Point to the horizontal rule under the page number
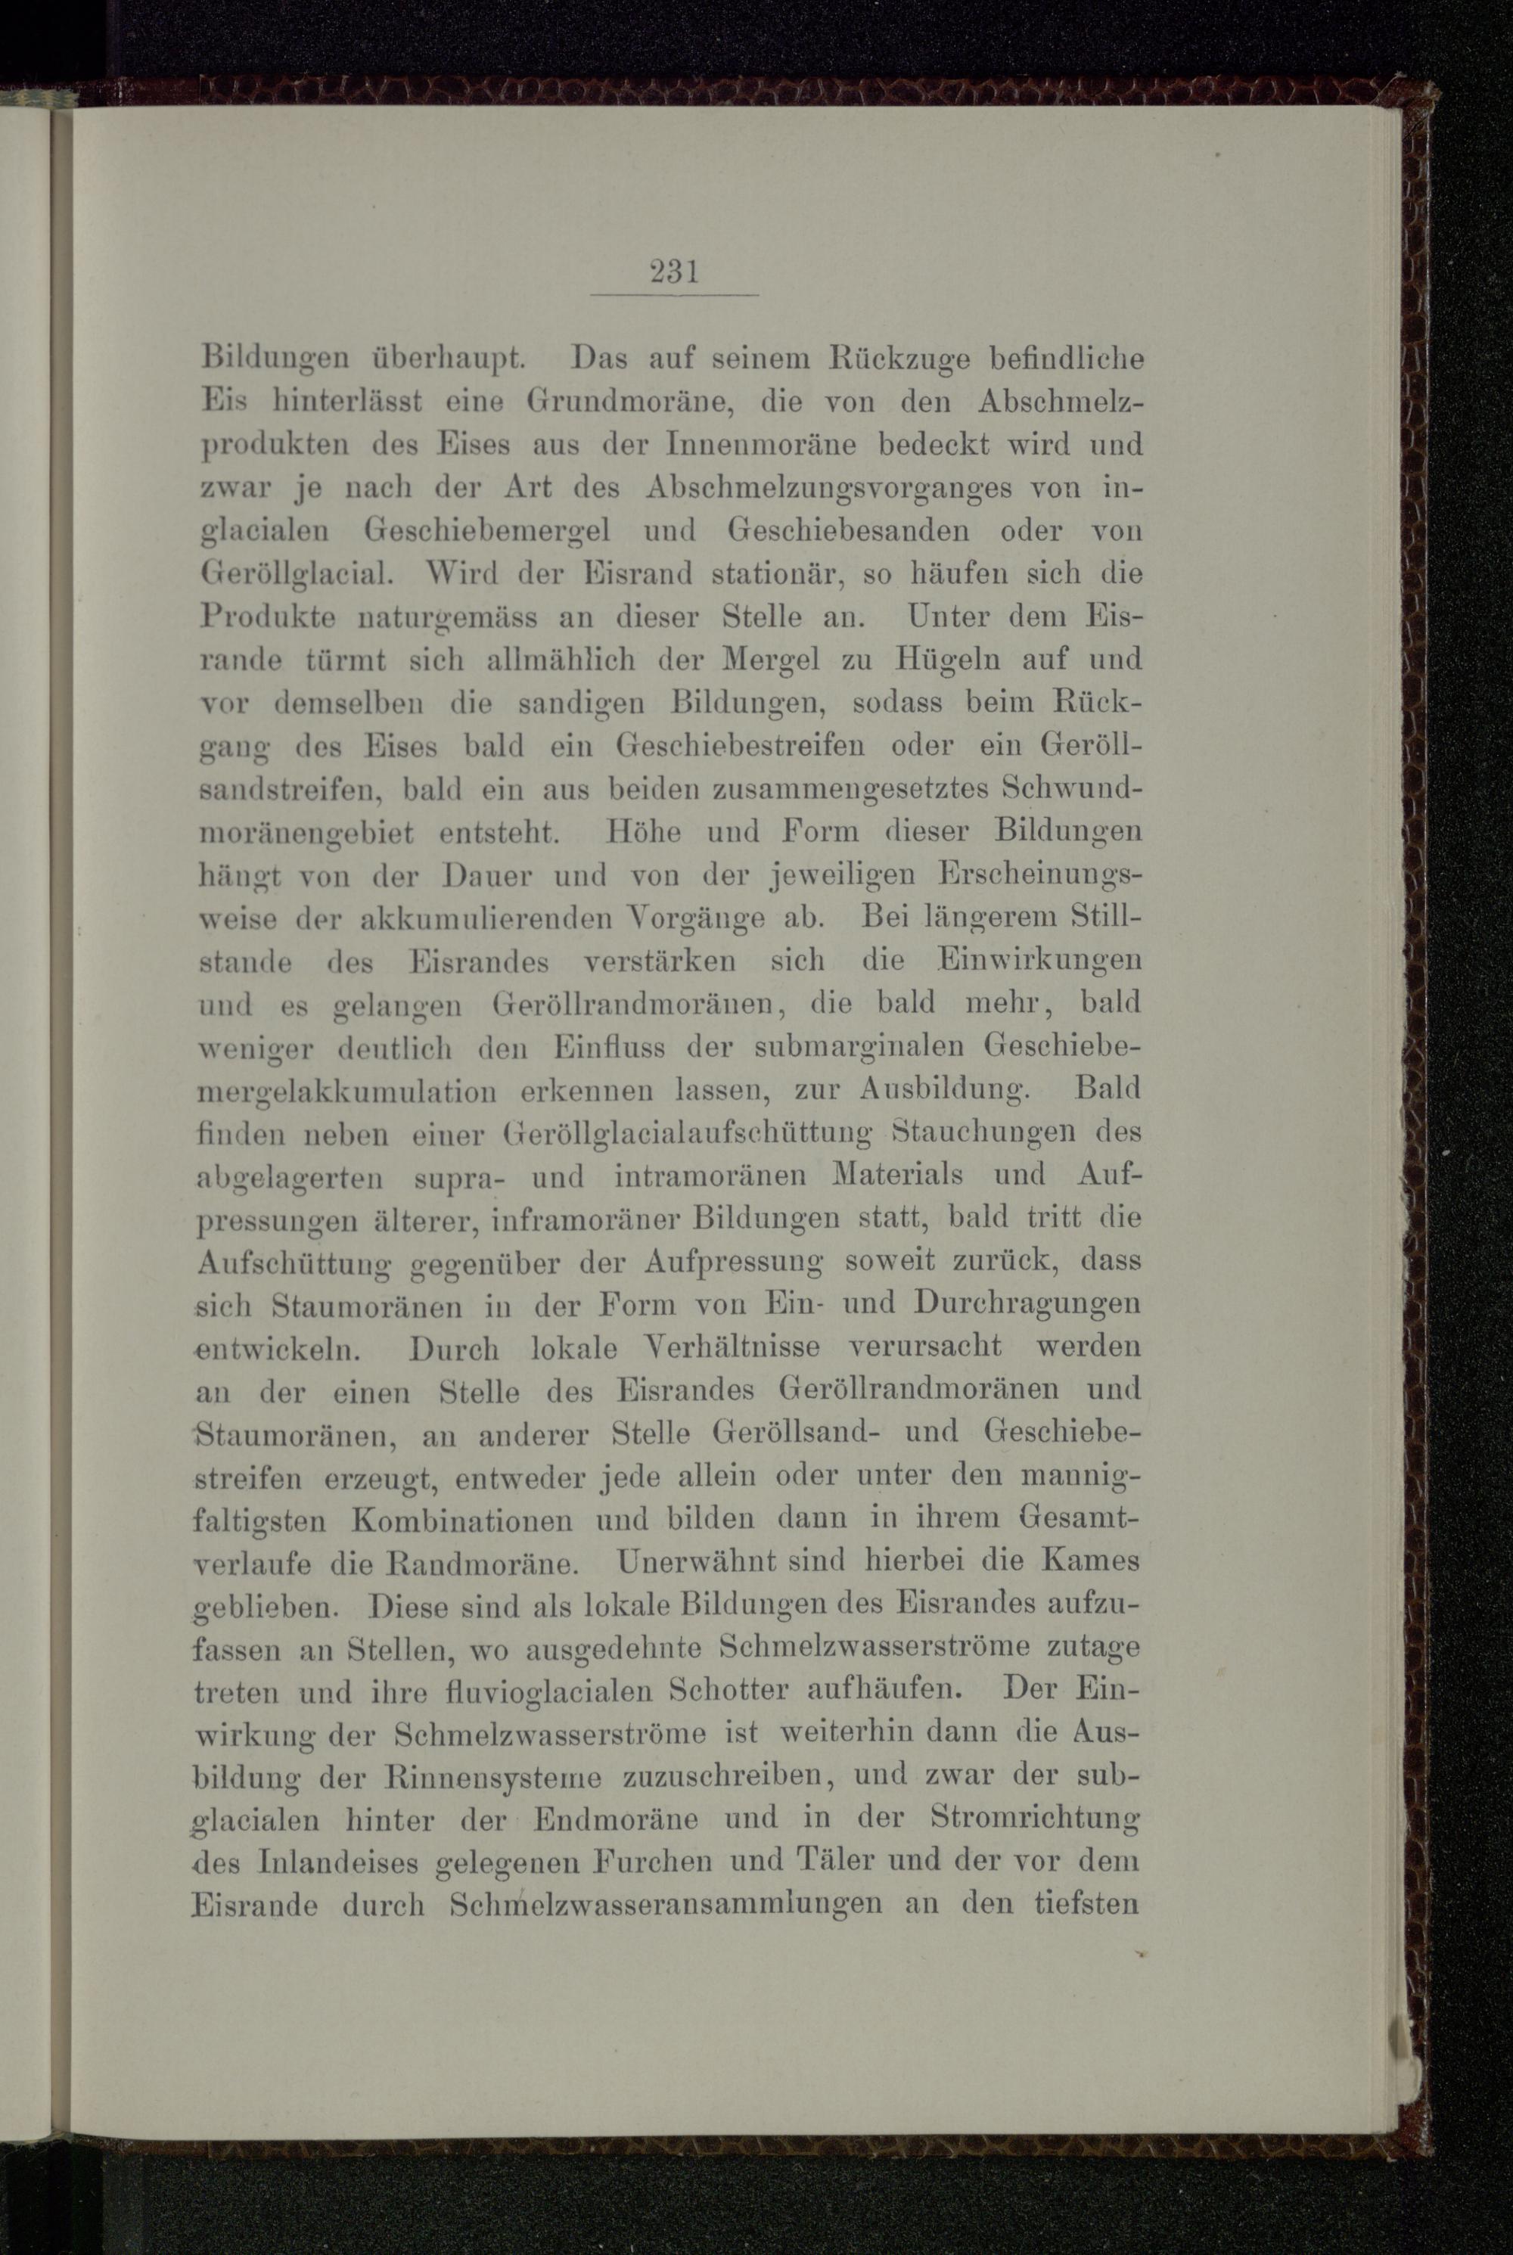pos(675,294)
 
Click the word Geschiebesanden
pos(848,531)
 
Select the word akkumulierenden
pos(486,918)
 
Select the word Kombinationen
pos(462,1520)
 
